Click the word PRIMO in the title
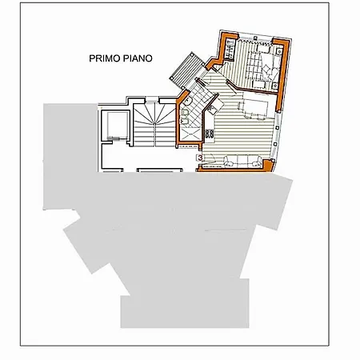coord(104,58)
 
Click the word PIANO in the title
coord(138,58)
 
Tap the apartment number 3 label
coord(200,158)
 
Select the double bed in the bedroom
coord(263,66)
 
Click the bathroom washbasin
coord(188,101)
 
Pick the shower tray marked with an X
coord(190,134)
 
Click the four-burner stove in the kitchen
coord(210,134)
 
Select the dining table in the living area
coord(255,109)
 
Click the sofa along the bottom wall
coord(242,162)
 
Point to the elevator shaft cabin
coord(118,125)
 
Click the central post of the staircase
coord(155,123)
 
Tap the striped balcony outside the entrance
coord(186,70)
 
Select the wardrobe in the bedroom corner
coord(230,50)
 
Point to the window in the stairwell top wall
coord(152,102)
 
